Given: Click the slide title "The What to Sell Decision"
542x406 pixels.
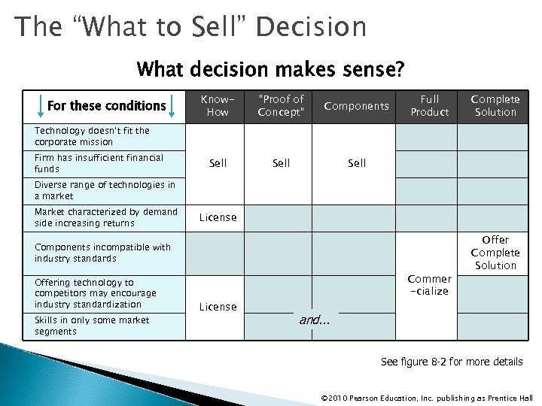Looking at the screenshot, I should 191,27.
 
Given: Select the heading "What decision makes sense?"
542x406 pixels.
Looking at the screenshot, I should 270,71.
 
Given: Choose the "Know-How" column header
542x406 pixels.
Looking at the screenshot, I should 218,105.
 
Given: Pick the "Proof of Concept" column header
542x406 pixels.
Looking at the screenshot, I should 281,105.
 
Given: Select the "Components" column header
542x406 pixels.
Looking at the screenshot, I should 356,106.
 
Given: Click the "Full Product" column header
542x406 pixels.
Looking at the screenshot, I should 429,105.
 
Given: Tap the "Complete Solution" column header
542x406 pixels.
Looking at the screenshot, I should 495,105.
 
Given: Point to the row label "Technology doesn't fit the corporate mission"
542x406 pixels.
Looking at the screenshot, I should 92,136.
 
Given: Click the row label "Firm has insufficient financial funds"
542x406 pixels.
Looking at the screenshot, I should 99,163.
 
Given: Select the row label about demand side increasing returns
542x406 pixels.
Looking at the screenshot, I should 105,217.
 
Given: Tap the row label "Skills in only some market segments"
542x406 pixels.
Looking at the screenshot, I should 92,326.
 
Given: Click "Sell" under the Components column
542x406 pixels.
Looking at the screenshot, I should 357,163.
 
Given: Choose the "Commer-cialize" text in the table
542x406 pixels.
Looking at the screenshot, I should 429,285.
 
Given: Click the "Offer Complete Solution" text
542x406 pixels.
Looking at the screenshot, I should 495,253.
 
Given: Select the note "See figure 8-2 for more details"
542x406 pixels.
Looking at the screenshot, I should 451,362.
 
